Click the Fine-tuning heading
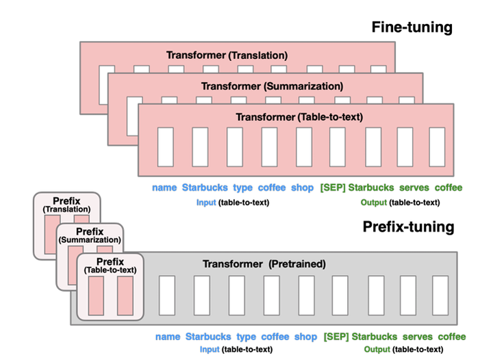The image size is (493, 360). pos(412,27)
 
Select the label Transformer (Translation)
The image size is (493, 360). pos(227,54)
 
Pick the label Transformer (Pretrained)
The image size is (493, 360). pos(264,263)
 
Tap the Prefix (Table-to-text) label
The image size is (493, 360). pos(110,266)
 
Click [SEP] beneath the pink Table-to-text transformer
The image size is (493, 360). pos(333,188)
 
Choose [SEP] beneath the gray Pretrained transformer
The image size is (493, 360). pos(336,337)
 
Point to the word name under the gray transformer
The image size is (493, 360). pos(168,337)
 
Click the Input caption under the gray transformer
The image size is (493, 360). pos(209,350)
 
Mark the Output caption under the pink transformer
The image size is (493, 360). pos(373,203)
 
